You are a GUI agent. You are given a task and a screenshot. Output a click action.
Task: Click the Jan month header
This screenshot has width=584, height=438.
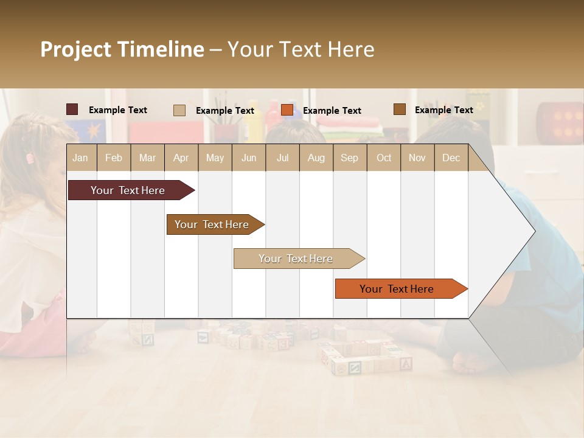pyautogui.click(x=80, y=158)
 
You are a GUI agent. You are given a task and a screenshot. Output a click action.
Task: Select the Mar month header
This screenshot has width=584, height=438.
pyautogui.click(x=147, y=158)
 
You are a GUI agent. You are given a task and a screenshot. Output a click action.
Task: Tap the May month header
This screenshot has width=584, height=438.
pyautogui.click(x=215, y=158)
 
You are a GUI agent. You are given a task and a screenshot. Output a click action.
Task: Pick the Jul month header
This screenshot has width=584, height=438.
pyautogui.click(x=282, y=158)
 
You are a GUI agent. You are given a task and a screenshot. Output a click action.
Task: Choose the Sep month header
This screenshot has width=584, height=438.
pyautogui.click(x=349, y=158)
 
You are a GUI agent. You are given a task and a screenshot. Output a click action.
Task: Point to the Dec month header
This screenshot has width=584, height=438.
pyautogui.click(x=451, y=158)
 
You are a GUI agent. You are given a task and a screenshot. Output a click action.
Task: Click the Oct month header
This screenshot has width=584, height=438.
pyautogui.click(x=384, y=158)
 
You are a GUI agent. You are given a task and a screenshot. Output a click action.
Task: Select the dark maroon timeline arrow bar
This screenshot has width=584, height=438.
pyautogui.click(x=128, y=190)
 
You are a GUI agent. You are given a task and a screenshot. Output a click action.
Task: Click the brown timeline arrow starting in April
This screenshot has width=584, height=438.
pyautogui.click(x=212, y=224)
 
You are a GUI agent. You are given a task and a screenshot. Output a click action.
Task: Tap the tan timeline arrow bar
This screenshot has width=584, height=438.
pyautogui.click(x=296, y=259)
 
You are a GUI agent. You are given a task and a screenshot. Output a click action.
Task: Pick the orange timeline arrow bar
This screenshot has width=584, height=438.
pyautogui.click(x=397, y=289)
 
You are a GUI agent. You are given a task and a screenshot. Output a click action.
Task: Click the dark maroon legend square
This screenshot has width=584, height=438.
pyautogui.click(x=72, y=109)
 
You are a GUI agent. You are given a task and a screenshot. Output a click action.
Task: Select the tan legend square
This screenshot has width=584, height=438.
pyautogui.click(x=179, y=110)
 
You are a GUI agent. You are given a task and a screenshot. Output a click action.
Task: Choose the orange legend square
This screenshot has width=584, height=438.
pyautogui.click(x=287, y=110)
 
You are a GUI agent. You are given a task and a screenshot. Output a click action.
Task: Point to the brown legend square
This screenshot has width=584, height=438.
pyautogui.click(x=399, y=109)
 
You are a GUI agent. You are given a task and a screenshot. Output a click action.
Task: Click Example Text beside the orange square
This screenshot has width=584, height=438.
pyautogui.click(x=332, y=111)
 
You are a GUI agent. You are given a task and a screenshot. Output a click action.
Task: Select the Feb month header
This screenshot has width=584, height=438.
pyautogui.click(x=114, y=158)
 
